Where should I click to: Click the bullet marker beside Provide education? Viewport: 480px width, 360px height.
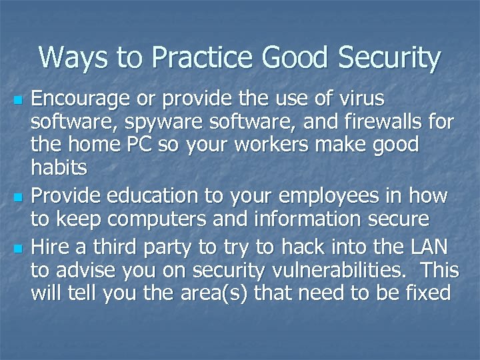17,198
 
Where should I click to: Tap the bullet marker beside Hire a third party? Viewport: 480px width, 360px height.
17,249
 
